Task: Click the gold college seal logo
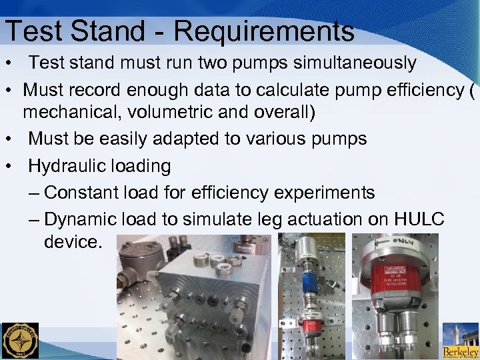point(20,341)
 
